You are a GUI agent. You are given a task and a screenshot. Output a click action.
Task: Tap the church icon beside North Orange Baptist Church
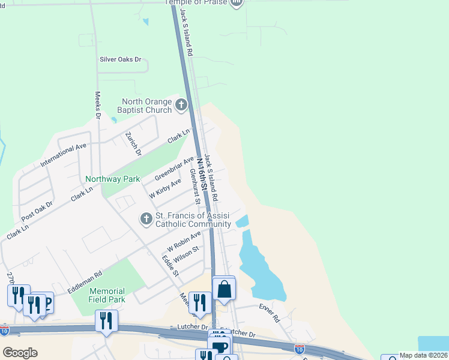click(x=182, y=106)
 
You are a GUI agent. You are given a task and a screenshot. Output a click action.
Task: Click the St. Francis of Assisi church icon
click(x=146, y=220)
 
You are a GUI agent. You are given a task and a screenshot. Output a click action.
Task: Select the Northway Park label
click(x=112, y=179)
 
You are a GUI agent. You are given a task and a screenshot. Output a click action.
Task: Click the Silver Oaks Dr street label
click(x=120, y=60)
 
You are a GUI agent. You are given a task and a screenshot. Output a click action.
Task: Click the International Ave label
click(x=64, y=155)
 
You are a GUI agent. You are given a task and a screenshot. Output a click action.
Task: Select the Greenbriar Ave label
click(x=175, y=169)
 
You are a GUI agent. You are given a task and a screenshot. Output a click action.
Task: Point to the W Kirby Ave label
click(x=166, y=190)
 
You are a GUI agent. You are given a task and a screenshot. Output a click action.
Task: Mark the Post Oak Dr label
click(x=37, y=211)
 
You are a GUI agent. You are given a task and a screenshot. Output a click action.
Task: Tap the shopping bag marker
click(x=224, y=289)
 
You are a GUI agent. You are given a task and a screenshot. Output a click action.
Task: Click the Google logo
click(x=20, y=353)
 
